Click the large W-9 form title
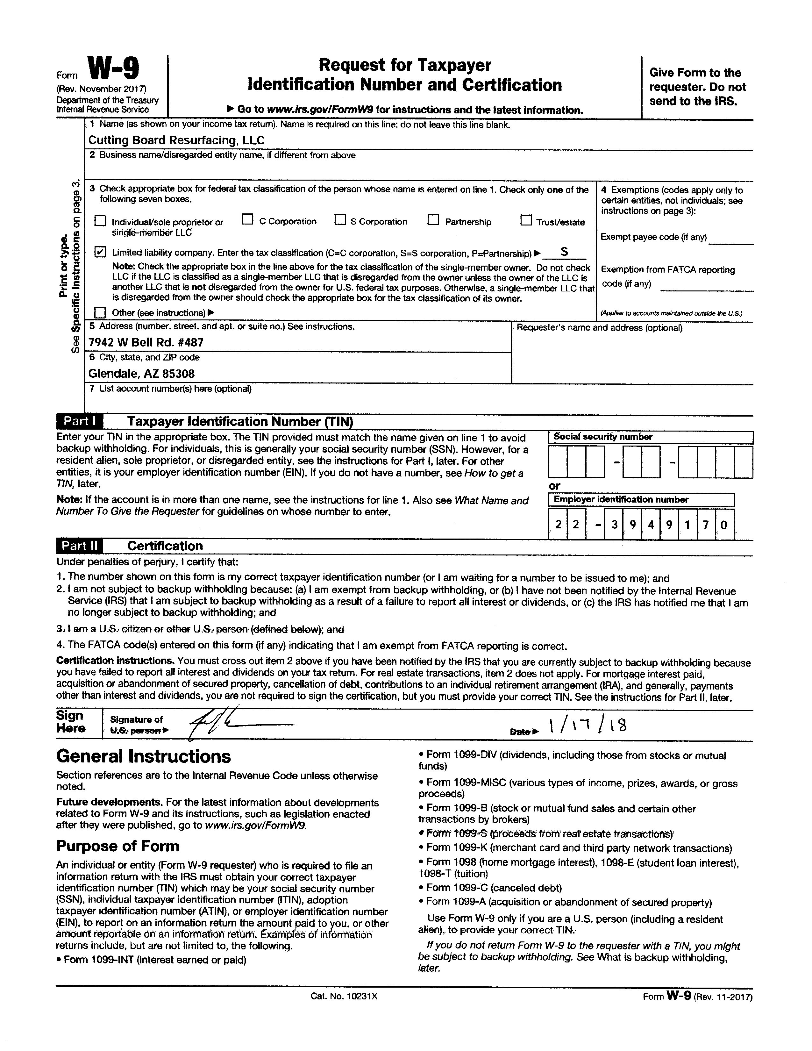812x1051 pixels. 114,68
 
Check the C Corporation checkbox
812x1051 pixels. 247,220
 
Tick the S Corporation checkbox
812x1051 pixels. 340,220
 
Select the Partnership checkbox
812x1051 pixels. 433,220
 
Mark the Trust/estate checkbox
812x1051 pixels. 526,220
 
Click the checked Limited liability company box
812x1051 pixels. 100,252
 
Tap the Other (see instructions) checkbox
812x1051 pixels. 100,312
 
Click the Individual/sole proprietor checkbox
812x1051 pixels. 100,221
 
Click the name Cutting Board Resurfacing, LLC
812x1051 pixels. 176,140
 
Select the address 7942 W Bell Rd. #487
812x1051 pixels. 146,342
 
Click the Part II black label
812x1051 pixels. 79,546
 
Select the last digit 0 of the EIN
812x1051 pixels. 723,525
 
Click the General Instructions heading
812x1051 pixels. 143,756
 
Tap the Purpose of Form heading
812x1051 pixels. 118,846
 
